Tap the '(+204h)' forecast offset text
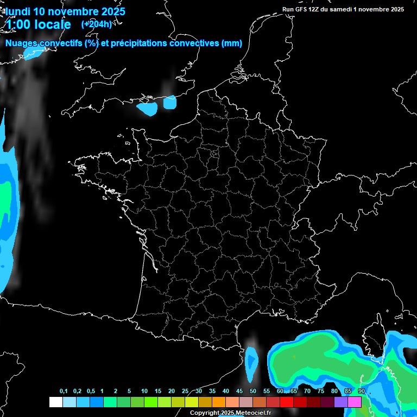[96, 24]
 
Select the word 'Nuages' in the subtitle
[21, 43]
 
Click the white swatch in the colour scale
[55, 402]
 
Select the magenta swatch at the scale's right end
[355, 402]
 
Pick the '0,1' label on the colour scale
[64, 391]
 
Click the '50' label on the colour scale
[253, 391]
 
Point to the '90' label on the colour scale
[362, 391]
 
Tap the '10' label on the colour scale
[144, 391]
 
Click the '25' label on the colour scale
[185, 391]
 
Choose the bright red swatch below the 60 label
[287, 402]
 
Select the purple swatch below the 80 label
[341, 402]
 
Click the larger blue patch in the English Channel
[147, 108]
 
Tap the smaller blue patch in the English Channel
[170, 102]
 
